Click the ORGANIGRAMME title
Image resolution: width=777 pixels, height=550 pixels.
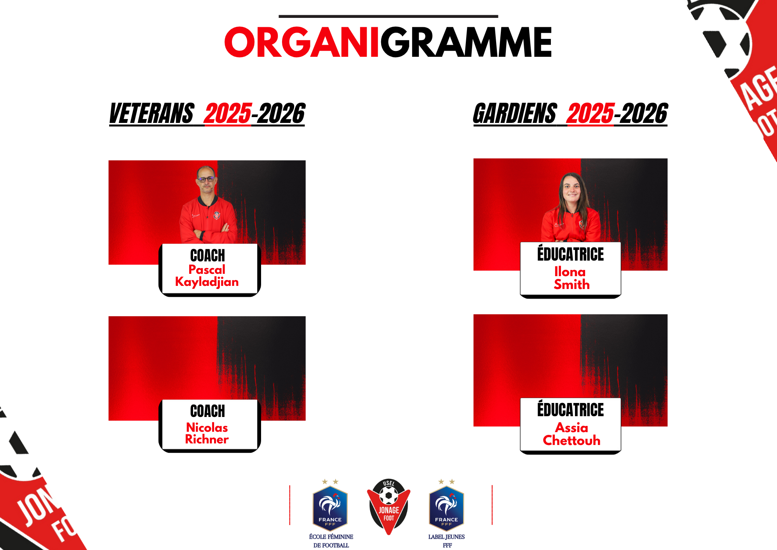point(388,42)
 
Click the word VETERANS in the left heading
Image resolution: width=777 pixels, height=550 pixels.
point(152,113)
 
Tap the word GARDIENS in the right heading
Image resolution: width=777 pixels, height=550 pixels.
point(515,113)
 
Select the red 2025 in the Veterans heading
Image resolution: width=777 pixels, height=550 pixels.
point(228,113)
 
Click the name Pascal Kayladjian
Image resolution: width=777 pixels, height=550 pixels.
point(207,275)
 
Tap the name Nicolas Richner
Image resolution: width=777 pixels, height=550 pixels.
point(207,433)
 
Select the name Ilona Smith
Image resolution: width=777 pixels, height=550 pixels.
point(571,278)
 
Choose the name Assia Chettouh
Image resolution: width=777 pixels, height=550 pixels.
point(571,434)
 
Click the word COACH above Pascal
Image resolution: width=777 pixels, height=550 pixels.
point(207,256)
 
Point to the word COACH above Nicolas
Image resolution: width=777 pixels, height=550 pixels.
point(207,411)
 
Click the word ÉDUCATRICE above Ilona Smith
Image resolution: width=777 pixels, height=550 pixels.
point(570,253)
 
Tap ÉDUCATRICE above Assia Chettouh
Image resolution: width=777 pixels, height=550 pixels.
point(570,409)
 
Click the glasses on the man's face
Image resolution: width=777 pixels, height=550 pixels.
point(206,179)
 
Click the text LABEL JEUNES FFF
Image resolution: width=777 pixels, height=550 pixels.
point(447,541)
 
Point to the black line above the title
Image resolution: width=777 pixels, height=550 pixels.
point(388,16)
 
